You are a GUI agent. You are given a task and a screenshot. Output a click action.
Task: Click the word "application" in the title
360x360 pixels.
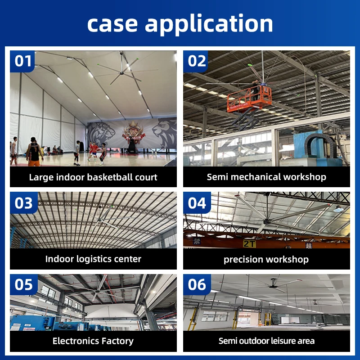pyautogui.click(x=209, y=24)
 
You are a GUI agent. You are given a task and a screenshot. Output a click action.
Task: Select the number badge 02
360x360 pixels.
pyautogui.click(x=196, y=61)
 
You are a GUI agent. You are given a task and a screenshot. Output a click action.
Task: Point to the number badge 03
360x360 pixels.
pyautogui.click(x=24, y=203)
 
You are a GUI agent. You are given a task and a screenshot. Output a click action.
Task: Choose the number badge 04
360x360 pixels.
pyautogui.click(x=197, y=203)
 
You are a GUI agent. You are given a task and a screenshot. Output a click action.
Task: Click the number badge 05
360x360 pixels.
pyautogui.click(x=24, y=285)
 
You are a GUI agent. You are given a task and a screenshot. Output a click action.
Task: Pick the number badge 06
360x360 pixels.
pyautogui.click(x=197, y=285)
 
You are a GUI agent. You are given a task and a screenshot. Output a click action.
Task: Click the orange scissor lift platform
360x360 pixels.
pyautogui.click(x=249, y=99)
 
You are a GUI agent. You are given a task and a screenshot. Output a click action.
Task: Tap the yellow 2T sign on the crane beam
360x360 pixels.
pyautogui.click(x=249, y=243)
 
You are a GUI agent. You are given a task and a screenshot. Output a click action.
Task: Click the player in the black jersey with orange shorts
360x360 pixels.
pyautogui.click(x=35, y=152)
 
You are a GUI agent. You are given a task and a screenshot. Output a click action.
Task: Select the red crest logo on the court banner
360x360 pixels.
pyautogui.click(x=134, y=133)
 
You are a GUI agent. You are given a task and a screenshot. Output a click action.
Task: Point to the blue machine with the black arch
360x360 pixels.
pyautogui.click(x=319, y=148)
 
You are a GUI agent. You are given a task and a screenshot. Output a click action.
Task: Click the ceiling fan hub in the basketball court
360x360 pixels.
pyautogui.click(x=121, y=73)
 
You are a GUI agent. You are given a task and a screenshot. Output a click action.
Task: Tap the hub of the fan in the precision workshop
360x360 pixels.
pyautogui.click(x=267, y=221)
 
